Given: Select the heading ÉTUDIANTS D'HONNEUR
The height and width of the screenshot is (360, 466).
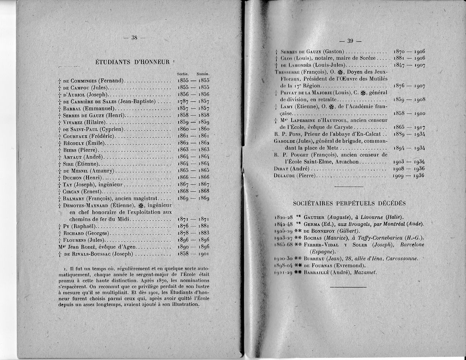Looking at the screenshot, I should pos(132,62).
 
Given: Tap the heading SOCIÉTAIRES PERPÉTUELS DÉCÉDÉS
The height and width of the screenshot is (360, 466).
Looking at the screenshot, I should pos(349,203).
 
